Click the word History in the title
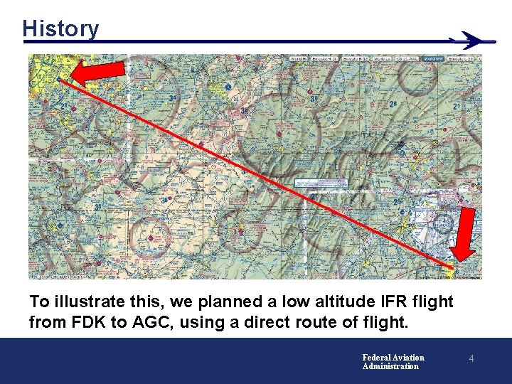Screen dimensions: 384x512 pyautogui.click(x=60, y=29)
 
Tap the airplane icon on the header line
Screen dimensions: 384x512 pyautogui.click(x=475, y=41)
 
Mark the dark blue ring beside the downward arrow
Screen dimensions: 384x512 pyautogui.click(x=443, y=223)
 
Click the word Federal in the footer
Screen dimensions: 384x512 pyautogui.click(x=378, y=358)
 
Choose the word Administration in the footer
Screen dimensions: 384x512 pyautogui.click(x=390, y=366)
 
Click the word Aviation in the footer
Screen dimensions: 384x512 pyautogui.click(x=410, y=358)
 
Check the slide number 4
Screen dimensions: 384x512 pyautogui.click(x=470, y=361)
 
